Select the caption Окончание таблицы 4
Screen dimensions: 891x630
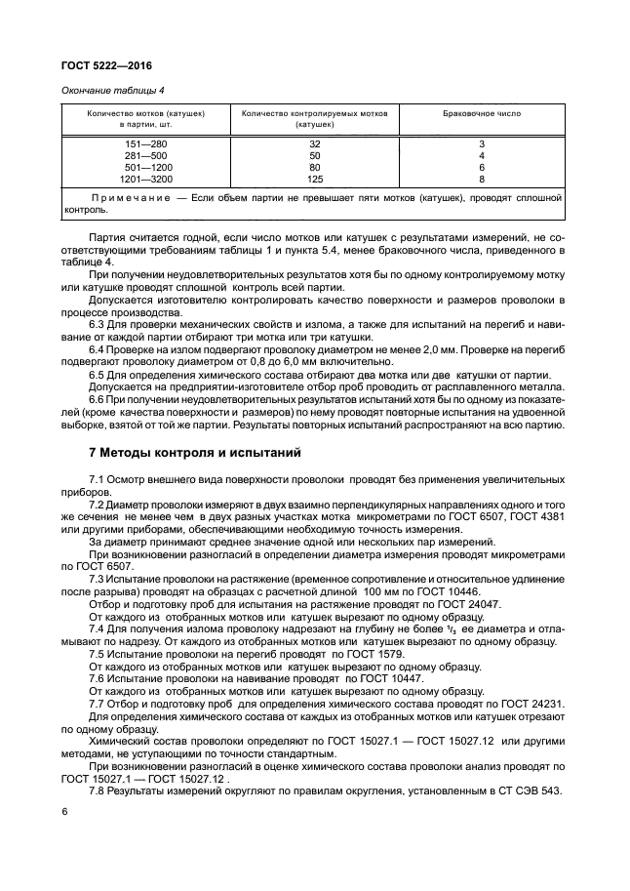[106, 92]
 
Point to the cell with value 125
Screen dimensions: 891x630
[314, 180]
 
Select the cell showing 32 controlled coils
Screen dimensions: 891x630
[314, 144]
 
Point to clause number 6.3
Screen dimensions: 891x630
[98, 326]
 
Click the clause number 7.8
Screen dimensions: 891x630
[98, 789]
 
